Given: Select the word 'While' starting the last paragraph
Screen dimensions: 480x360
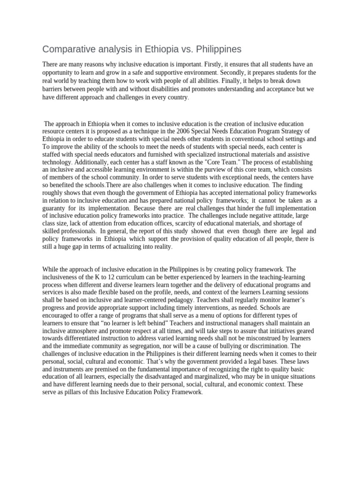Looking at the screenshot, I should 51,270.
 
